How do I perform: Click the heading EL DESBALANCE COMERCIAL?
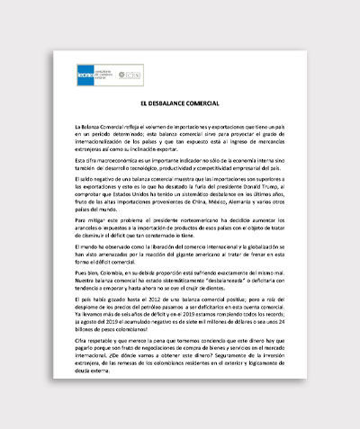click(x=180, y=105)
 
